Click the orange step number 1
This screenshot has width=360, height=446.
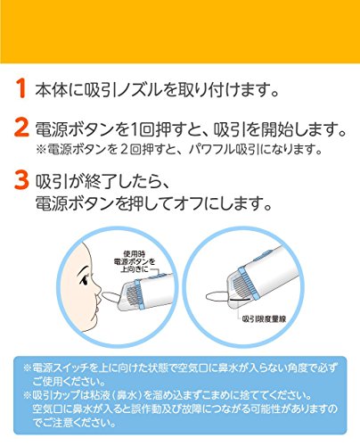point(20,88)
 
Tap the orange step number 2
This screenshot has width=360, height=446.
point(21,128)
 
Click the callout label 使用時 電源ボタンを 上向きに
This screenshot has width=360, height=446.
point(135,262)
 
